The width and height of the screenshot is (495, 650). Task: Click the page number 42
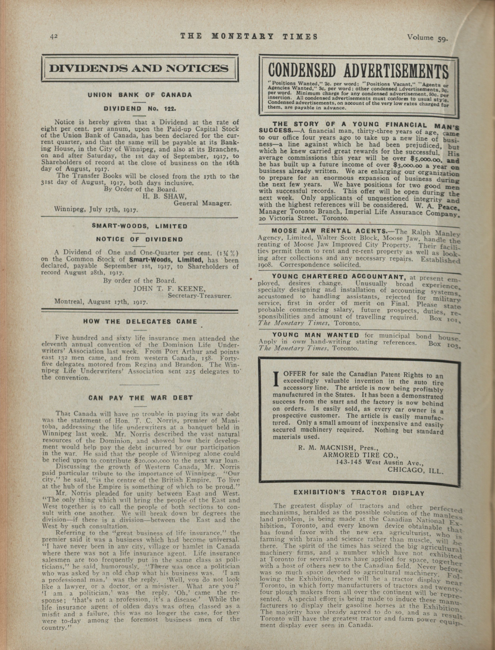click(54, 36)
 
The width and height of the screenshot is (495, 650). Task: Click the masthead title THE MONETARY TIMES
click(249, 36)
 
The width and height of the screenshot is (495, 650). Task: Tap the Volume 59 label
click(427, 38)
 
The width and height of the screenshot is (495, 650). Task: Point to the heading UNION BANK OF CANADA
click(140, 95)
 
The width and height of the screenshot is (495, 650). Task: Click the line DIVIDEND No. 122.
click(140, 108)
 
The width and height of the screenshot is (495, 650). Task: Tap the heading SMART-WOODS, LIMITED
click(140, 226)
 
